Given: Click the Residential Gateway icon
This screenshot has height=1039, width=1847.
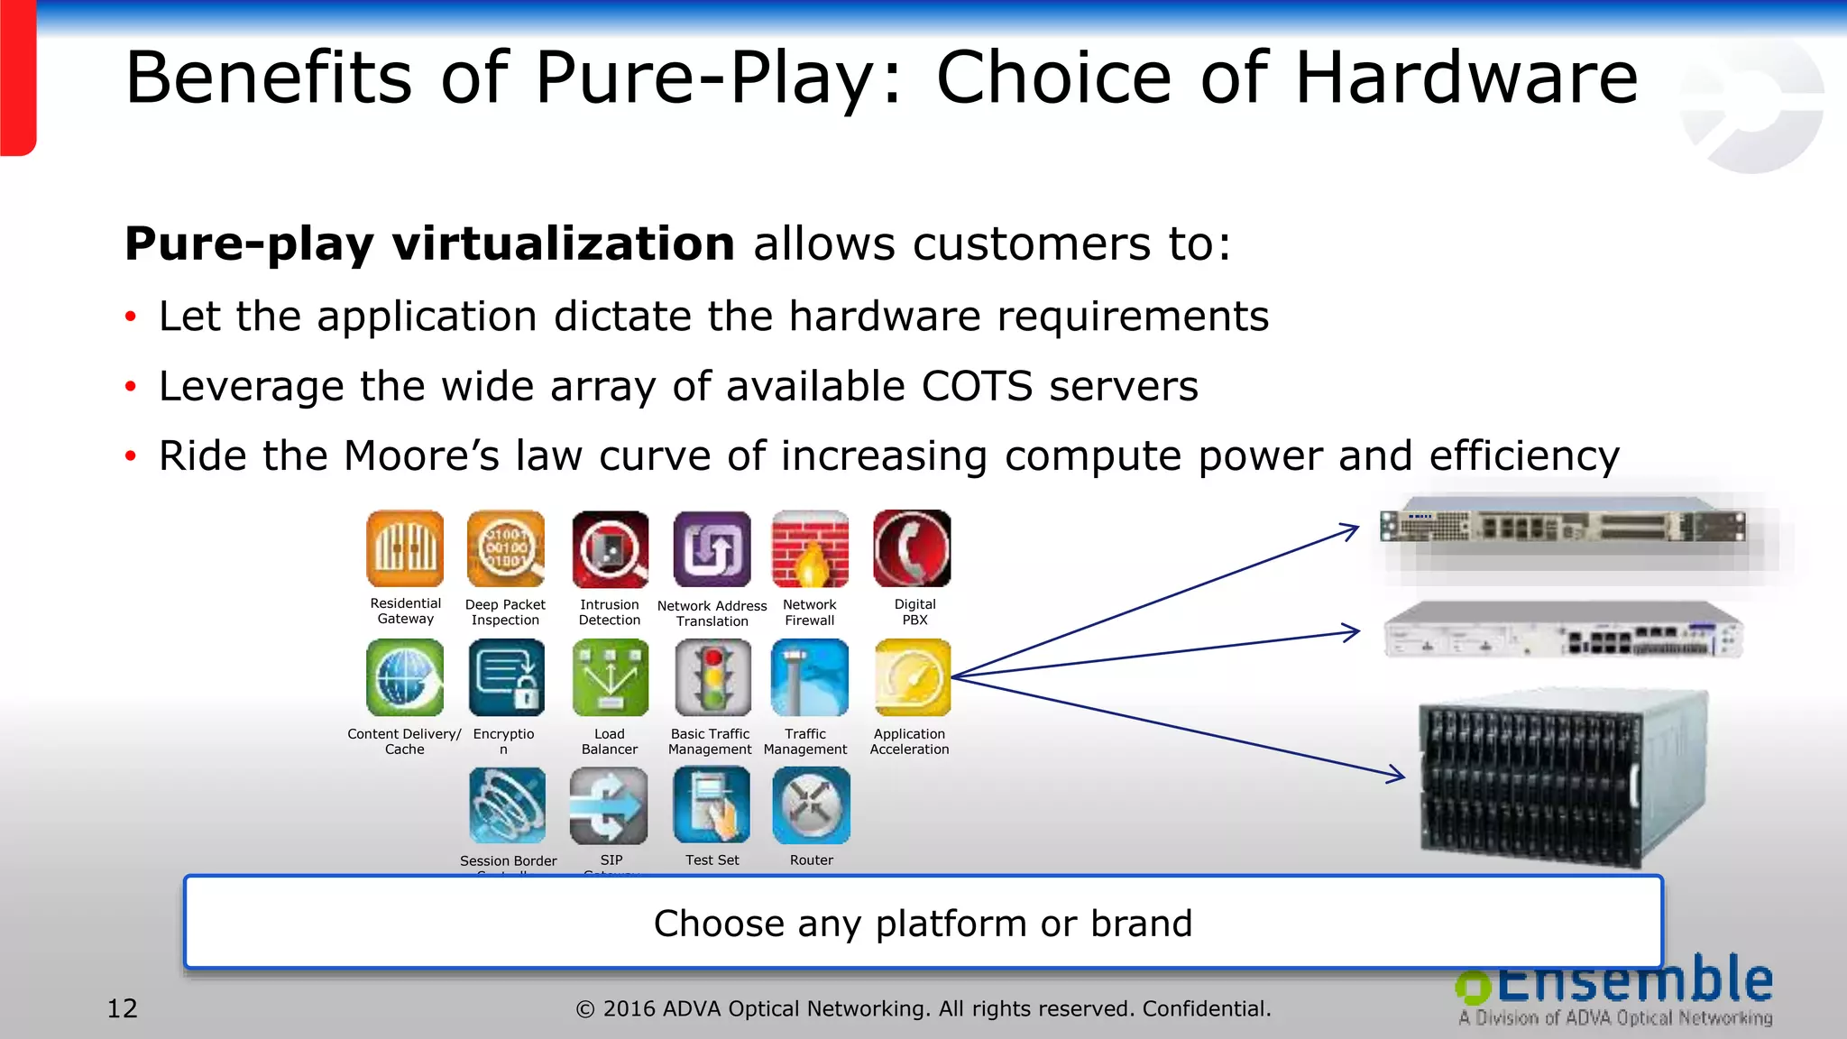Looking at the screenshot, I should click(405, 548).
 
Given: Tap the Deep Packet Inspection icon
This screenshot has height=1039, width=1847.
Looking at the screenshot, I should click(506, 548).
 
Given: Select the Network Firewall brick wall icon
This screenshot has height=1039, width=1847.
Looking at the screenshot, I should click(810, 548).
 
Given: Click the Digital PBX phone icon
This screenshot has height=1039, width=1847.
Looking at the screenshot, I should click(912, 548).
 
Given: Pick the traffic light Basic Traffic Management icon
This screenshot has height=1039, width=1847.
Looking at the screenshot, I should click(712, 677).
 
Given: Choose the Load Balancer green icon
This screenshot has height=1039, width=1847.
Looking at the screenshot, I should click(610, 677).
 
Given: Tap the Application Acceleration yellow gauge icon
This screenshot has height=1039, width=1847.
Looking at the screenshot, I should click(912, 677).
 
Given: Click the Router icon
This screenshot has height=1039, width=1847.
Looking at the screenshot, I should click(811, 805).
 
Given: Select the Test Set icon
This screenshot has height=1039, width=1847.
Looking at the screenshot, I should click(712, 805).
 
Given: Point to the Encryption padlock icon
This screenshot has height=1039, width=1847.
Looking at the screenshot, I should click(507, 677).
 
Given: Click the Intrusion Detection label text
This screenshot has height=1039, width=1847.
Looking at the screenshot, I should click(610, 612).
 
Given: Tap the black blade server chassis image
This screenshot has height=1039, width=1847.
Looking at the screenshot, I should click(1563, 777).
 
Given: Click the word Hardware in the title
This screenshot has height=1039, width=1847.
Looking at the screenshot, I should click(1466, 78).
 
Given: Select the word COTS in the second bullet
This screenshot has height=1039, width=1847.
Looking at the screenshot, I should click(977, 387).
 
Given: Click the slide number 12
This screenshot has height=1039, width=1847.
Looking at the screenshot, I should click(123, 1008).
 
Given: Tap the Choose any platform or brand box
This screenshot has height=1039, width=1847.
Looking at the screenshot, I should click(923, 923).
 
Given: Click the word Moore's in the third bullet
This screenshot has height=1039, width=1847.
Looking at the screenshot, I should click(421, 455).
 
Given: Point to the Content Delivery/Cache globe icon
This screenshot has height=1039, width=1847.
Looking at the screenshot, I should click(405, 677).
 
